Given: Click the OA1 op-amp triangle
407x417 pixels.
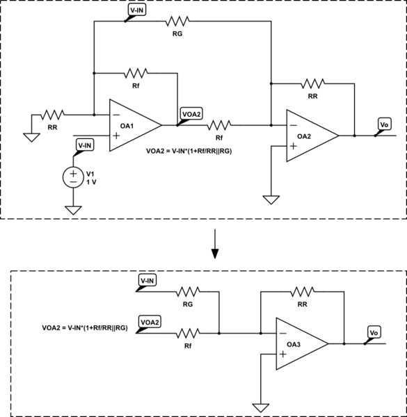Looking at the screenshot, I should (132, 124).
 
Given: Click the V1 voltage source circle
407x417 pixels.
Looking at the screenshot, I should (73, 177).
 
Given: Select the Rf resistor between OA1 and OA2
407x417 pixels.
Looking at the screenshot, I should (219, 125).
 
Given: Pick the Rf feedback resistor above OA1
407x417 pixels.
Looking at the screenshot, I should (136, 72).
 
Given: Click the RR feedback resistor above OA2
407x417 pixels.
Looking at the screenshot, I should (313, 83).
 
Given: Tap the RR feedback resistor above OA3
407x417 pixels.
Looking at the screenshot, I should (303, 291).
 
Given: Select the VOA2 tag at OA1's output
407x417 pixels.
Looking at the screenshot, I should (191, 113).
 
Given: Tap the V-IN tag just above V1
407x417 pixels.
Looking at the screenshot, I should (83, 145).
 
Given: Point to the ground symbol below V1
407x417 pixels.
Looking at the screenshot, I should (73, 209).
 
